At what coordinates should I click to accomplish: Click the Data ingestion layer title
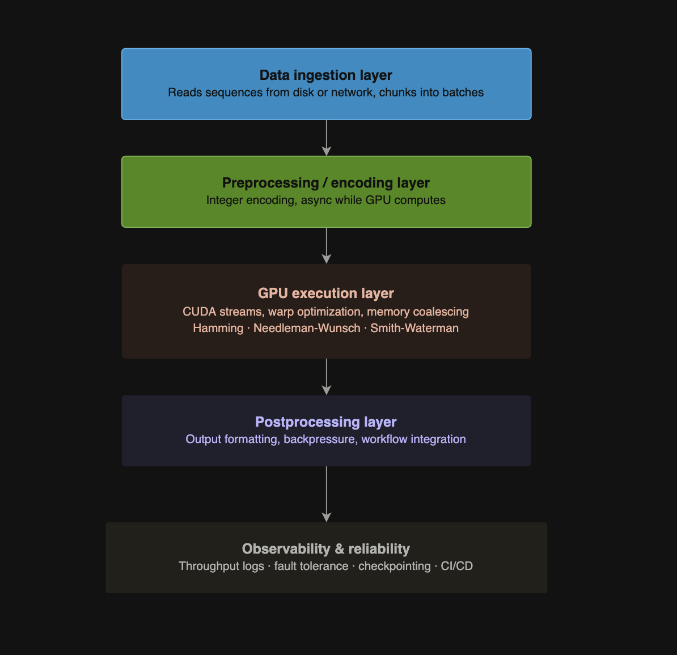coord(326,75)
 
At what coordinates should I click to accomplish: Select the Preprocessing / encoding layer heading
coord(326,183)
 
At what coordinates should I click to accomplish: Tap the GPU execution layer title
coord(326,294)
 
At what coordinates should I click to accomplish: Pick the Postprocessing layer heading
coord(326,422)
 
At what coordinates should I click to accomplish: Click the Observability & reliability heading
coord(326,549)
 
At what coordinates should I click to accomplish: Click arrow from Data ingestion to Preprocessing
coord(327,138)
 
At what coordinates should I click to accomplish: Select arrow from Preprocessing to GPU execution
coord(327,245)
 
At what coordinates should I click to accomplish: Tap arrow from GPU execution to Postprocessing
coord(327,376)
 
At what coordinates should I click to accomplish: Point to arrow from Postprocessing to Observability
coord(327,494)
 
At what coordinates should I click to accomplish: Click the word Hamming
coord(218,329)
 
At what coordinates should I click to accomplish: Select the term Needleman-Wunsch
coord(307,329)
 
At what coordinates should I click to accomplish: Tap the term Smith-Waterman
coord(414,329)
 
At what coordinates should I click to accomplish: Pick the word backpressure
coord(319,440)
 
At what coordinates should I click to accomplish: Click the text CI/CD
coord(457,567)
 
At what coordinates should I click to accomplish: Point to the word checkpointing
coord(395,567)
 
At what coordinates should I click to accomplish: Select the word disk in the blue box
coord(303,93)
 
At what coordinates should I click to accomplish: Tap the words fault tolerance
coord(311,567)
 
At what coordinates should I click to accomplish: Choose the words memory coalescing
coord(418,312)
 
